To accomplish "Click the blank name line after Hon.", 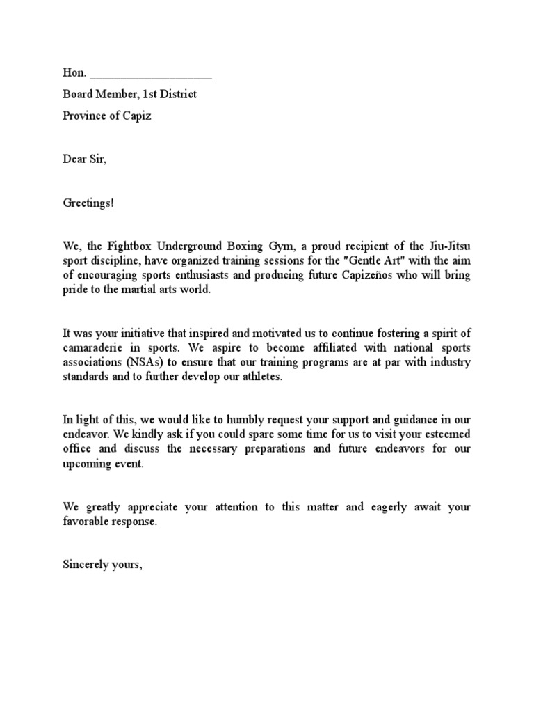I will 151,75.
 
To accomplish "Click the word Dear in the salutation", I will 75,159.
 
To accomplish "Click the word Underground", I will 184,246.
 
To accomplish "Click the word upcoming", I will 86,463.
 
